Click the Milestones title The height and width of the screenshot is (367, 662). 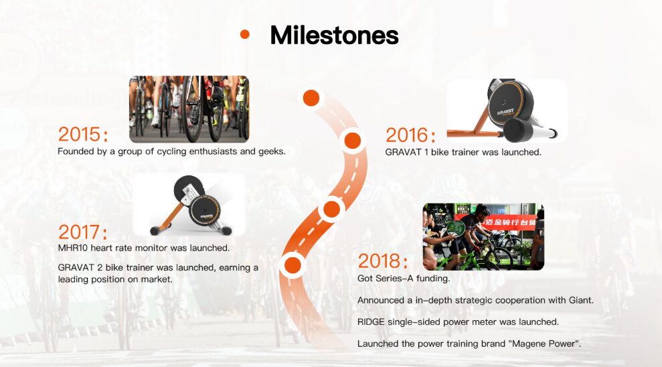click(x=334, y=35)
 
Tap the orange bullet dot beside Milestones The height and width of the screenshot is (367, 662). click(x=245, y=34)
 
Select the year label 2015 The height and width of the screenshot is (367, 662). click(x=83, y=135)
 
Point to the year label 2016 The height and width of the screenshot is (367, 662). click(x=410, y=135)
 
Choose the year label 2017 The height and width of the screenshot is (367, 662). click(x=83, y=232)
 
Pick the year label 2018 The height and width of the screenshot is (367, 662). click(x=383, y=261)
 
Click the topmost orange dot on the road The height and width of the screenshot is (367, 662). click(x=311, y=98)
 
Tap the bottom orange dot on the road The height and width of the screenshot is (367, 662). click(x=293, y=265)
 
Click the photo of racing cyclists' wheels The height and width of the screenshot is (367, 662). click(x=189, y=109)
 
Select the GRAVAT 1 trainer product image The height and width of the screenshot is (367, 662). click(x=507, y=111)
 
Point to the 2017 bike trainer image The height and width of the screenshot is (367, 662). click(x=189, y=205)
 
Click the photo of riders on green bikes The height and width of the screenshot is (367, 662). click(x=483, y=237)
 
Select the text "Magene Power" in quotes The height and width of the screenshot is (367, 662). click(x=546, y=344)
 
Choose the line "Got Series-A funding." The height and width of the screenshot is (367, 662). click(x=404, y=279)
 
